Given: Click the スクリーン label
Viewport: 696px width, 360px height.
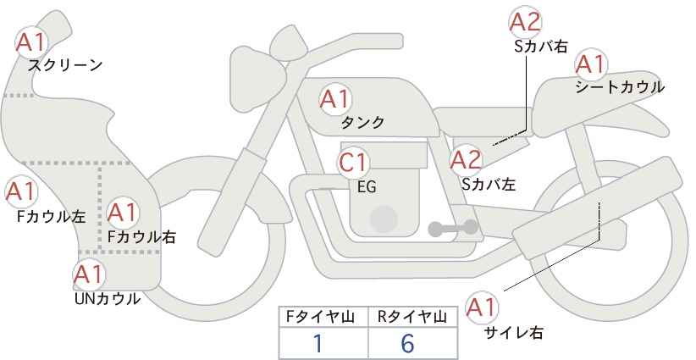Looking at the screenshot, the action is click(65, 65).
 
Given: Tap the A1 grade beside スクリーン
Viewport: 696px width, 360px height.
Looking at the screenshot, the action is click(30, 42).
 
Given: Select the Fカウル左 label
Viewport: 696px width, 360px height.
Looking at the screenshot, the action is click(51, 217).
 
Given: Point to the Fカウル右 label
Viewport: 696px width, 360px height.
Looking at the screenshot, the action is click(141, 236).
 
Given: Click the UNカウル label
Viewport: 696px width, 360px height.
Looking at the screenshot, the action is click(107, 299).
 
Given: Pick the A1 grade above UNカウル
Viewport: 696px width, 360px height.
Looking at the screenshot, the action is click(89, 274).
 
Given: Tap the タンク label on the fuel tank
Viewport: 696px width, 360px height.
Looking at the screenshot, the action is click(362, 122).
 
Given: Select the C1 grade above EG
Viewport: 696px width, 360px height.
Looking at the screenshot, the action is click(353, 163).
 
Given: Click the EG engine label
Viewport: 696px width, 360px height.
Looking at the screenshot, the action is click(367, 187).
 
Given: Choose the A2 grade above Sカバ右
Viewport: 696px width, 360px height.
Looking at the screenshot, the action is click(525, 22).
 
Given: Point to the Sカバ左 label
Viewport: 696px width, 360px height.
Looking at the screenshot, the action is click(489, 184).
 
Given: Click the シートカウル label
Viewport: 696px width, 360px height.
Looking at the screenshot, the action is click(620, 87).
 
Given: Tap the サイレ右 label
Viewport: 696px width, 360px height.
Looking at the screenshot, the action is click(514, 332).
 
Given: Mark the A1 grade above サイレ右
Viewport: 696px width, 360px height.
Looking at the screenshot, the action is click(481, 307).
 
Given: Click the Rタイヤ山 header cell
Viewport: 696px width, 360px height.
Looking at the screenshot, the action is click(413, 317).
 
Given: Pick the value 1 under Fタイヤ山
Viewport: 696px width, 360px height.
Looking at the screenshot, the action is click(318, 343).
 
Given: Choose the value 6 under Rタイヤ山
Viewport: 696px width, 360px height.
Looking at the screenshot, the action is click(407, 343).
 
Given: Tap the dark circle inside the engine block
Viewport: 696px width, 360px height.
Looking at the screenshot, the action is click(384, 219).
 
